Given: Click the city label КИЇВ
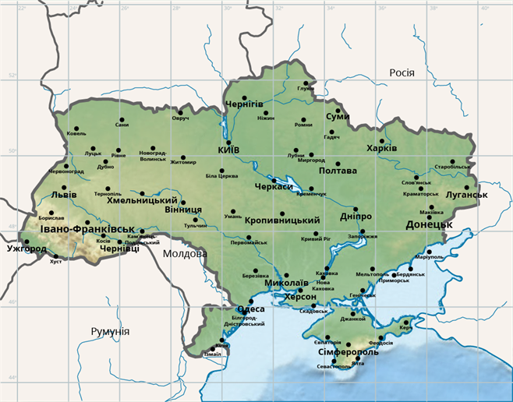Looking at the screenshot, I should click(228, 150).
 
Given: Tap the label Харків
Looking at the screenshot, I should click(381, 148).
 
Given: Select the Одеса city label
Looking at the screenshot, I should click(251, 309).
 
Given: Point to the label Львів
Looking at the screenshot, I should click(63, 194).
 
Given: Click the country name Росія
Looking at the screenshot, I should click(402, 73).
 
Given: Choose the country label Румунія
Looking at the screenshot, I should click(110, 332).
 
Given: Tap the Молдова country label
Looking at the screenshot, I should click(185, 253).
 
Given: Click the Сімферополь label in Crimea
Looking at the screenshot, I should click(348, 352).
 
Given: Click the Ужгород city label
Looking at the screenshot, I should click(26, 250).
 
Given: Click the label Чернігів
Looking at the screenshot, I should click(243, 104).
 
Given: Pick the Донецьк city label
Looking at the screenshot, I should click(429, 224).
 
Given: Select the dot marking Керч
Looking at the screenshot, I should click(406, 322).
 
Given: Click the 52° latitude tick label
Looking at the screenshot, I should click(12, 76).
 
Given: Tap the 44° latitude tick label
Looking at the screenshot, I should click(12, 378).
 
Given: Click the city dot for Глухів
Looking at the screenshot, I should click(306, 83).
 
